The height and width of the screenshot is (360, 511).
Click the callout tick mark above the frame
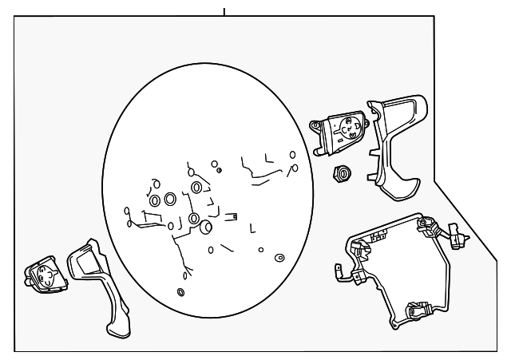click(224, 10)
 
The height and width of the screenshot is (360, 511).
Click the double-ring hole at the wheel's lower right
click(279, 258)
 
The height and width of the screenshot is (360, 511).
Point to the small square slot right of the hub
click(235, 216)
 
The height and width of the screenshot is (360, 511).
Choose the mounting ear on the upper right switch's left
click(316, 125)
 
